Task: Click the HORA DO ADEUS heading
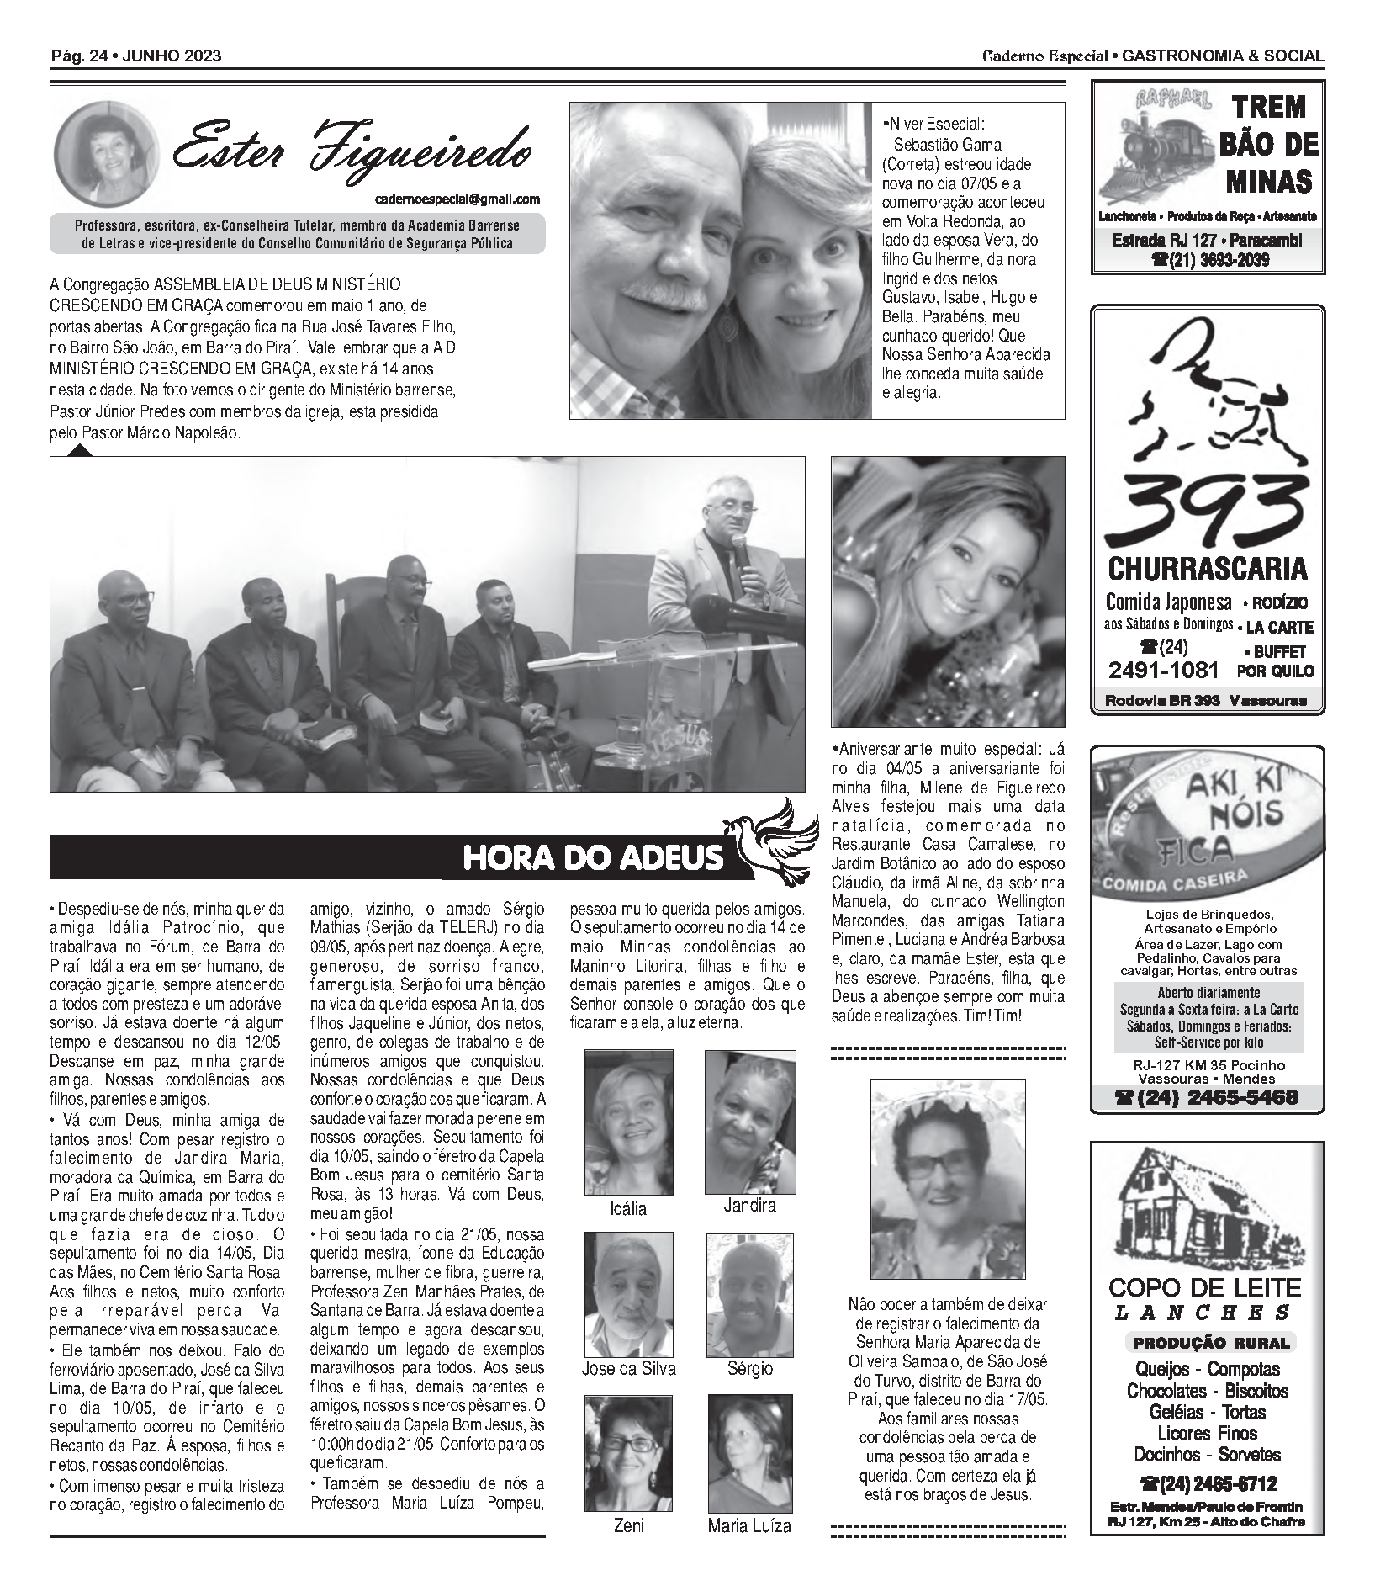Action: pyautogui.click(x=593, y=857)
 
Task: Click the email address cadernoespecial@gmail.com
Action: pyautogui.click(x=457, y=199)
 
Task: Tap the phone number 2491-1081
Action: pyautogui.click(x=1163, y=670)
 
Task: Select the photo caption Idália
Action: pyautogui.click(x=628, y=1209)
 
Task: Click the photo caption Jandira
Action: pyautogui.click(x=749, y=1206)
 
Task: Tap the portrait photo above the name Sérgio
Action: pyautogui.click(x=750, y=1294)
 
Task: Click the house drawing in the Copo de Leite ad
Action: pyautogui.click(x=1207, y=1207)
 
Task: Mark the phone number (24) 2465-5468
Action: pyautogui.click(x=1207, y=1097)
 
